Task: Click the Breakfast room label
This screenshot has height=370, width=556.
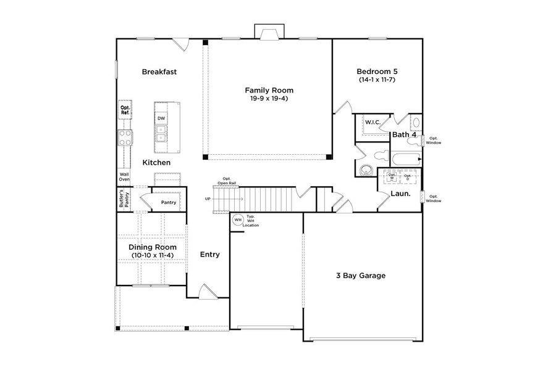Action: pos(159,72)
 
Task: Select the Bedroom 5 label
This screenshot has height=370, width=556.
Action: pos(377,71)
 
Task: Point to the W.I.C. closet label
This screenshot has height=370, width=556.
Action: pos(372,122)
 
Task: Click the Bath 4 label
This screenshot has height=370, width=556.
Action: pos(403,134)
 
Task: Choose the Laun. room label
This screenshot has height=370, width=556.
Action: pos(400,194)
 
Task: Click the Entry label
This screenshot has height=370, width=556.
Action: pos(210,254)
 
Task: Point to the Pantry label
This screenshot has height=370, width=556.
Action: pos(168,202)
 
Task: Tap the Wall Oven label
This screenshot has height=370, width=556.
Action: pos(124,177)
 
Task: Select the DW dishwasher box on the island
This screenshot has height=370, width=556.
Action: pos(161,118)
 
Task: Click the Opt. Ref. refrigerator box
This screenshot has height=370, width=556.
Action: pos(125,110)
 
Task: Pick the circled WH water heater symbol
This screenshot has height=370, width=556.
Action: pos(238,220)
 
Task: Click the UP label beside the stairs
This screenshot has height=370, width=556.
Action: pos(208,199)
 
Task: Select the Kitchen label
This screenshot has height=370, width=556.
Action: pos(156,162)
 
